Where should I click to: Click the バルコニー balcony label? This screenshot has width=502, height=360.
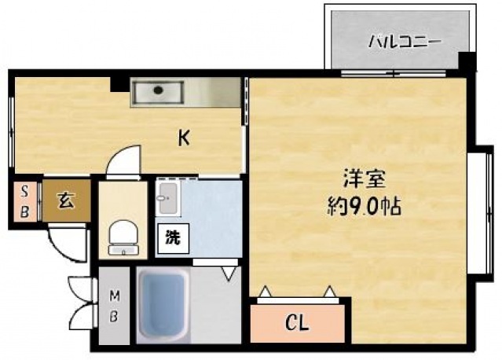[x=405, y=42]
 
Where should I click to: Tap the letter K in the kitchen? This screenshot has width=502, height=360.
[x=184, y=138]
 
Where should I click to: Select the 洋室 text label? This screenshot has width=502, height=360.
[x=365, y=179]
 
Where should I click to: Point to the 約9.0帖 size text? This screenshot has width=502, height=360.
[x=364, y=207]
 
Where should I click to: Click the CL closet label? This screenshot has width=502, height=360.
[x=297, y=323]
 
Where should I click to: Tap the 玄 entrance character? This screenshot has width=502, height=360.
[x=66, y=200]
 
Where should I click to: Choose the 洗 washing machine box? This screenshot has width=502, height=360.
[x=173, y=238]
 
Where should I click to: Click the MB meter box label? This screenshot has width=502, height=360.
[x=114, y=306]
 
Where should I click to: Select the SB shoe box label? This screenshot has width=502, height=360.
[x=24, y=202]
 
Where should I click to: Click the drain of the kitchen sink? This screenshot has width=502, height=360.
[x=158, y=90]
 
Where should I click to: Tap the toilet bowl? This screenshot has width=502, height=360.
[x=123, y=237]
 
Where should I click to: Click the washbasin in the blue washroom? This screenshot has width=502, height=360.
[x=168, y=198]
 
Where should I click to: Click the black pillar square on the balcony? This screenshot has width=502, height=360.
[x=467, y=61]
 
